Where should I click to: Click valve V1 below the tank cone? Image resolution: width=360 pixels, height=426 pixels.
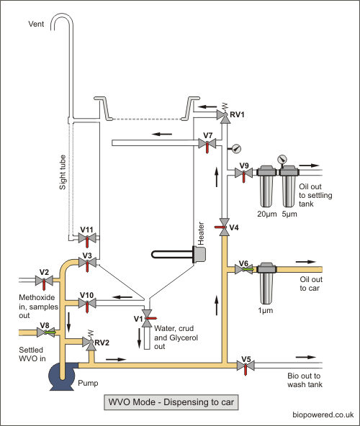coord(148,318)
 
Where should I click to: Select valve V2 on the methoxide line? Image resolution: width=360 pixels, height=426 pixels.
coord(44,281)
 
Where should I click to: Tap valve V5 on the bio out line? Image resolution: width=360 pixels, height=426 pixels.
coord(246,366)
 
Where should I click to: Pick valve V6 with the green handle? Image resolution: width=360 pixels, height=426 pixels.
coord(244,269)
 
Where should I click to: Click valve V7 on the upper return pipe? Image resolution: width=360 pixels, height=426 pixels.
coord(207,143)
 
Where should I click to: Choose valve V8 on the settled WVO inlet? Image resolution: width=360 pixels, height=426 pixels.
coord(45,332)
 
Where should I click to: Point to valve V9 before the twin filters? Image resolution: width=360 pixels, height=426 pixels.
coord(243,173)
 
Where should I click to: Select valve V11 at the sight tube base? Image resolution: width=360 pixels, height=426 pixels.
coord(87,238)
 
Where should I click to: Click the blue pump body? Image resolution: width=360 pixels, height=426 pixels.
coord(62,376)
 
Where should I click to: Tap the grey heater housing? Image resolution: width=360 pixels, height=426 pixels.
coord(199,255)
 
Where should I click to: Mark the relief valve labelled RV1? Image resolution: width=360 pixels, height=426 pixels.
coord(225,114)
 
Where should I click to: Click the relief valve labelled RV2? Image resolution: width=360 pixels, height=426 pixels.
coord(91,342)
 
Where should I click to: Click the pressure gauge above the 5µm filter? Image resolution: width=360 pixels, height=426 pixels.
coord(282,159)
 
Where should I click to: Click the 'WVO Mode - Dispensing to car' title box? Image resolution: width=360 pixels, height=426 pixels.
coord(171,402)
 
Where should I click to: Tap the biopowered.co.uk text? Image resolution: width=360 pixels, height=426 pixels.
coord(323,415)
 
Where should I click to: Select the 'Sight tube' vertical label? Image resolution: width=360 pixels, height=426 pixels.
coord(63,172)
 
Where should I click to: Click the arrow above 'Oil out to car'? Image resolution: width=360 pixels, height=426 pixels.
coord(306,262)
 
